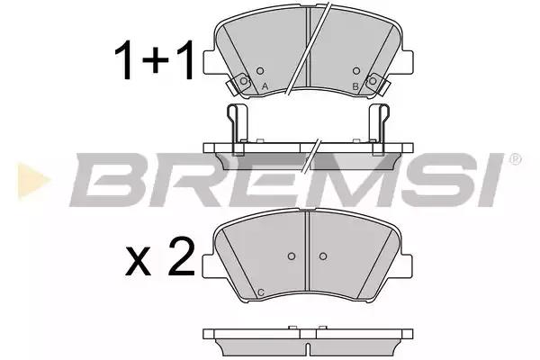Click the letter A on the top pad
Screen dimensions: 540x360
(265, 86)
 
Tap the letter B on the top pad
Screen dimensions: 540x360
(355, 86)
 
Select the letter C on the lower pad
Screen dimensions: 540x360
(261, 292)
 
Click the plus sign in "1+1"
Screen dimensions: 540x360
(156, 59)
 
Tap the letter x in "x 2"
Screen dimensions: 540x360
(138, 261)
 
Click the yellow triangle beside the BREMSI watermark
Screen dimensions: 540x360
(32, 181)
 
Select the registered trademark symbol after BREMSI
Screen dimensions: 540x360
(515, 159)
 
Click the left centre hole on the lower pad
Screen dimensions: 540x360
(292, 256)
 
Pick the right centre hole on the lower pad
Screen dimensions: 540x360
(323, 256)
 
